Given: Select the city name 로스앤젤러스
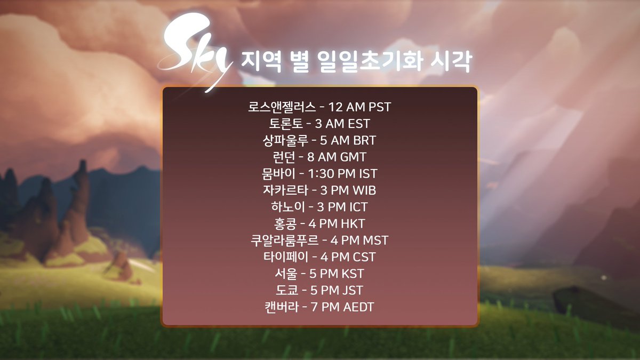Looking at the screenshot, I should point(282,107).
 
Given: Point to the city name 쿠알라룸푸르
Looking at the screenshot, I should point(281,240).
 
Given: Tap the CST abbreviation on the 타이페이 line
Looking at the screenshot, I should point(364,257).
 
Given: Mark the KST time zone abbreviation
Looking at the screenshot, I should point(353,274).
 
